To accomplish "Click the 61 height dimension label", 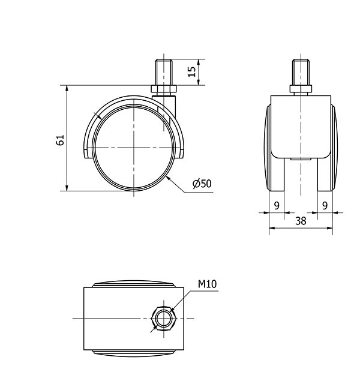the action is [x=60, y=140].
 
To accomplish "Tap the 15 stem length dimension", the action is [x=191, y=71].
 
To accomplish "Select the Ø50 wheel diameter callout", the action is [x=202, y=184].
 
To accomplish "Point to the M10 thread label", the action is [x=208, y=284].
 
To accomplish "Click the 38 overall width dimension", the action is [x=301, y=221].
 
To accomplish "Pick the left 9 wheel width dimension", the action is [x=277, y=206].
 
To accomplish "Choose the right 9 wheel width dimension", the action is [x=325, y=206].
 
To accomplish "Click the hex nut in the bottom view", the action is [x=164, y=319].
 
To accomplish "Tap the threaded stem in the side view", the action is [x=164, y=72].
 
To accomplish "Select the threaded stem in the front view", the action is [x=301, y=72].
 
